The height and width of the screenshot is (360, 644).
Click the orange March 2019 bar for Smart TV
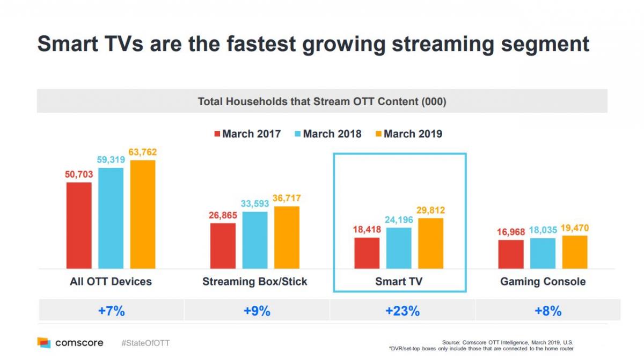(430, 243)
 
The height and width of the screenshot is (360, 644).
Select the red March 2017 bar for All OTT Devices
(79, 225)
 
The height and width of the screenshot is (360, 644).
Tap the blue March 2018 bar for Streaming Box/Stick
(255, 240)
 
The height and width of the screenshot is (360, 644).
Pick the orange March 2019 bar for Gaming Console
(575, 252)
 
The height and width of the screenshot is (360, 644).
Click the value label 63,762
(142, 152)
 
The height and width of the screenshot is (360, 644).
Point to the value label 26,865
(223, 216)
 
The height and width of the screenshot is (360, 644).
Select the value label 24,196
(399, 220)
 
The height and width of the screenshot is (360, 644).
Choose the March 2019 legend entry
(408, 134)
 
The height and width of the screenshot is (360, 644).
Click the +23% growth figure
(402, 311)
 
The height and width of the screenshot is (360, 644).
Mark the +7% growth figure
(111, 311)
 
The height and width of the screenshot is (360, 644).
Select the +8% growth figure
(548, 311)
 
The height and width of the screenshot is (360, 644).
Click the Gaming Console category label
(543, 282)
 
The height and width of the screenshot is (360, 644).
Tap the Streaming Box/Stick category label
(255, 282)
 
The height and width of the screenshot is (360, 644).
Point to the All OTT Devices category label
(111, 282)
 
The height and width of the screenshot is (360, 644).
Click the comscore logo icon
(44, 343)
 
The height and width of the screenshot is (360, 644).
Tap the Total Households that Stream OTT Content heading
(322, 101)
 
